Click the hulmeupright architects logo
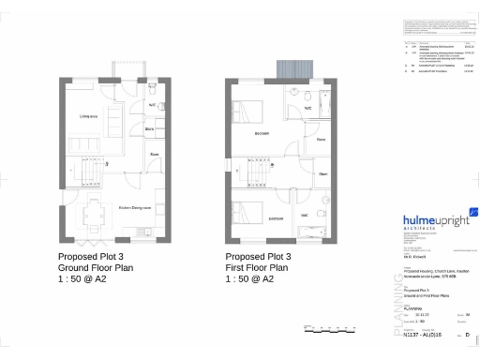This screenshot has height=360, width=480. [435, 222]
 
